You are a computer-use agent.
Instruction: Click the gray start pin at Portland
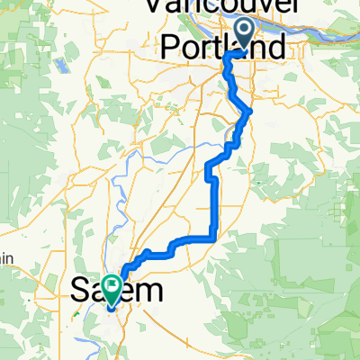[x=244, y=33]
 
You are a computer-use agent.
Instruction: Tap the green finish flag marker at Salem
[x=112, y=288]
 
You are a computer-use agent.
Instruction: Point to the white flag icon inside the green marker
[x=112, y=286]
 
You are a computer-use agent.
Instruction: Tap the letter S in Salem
[x=78, y=290]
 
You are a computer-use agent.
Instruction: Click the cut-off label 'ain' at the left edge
[x=7, y=259]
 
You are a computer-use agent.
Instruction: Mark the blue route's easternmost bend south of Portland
[x=250, y=112]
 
